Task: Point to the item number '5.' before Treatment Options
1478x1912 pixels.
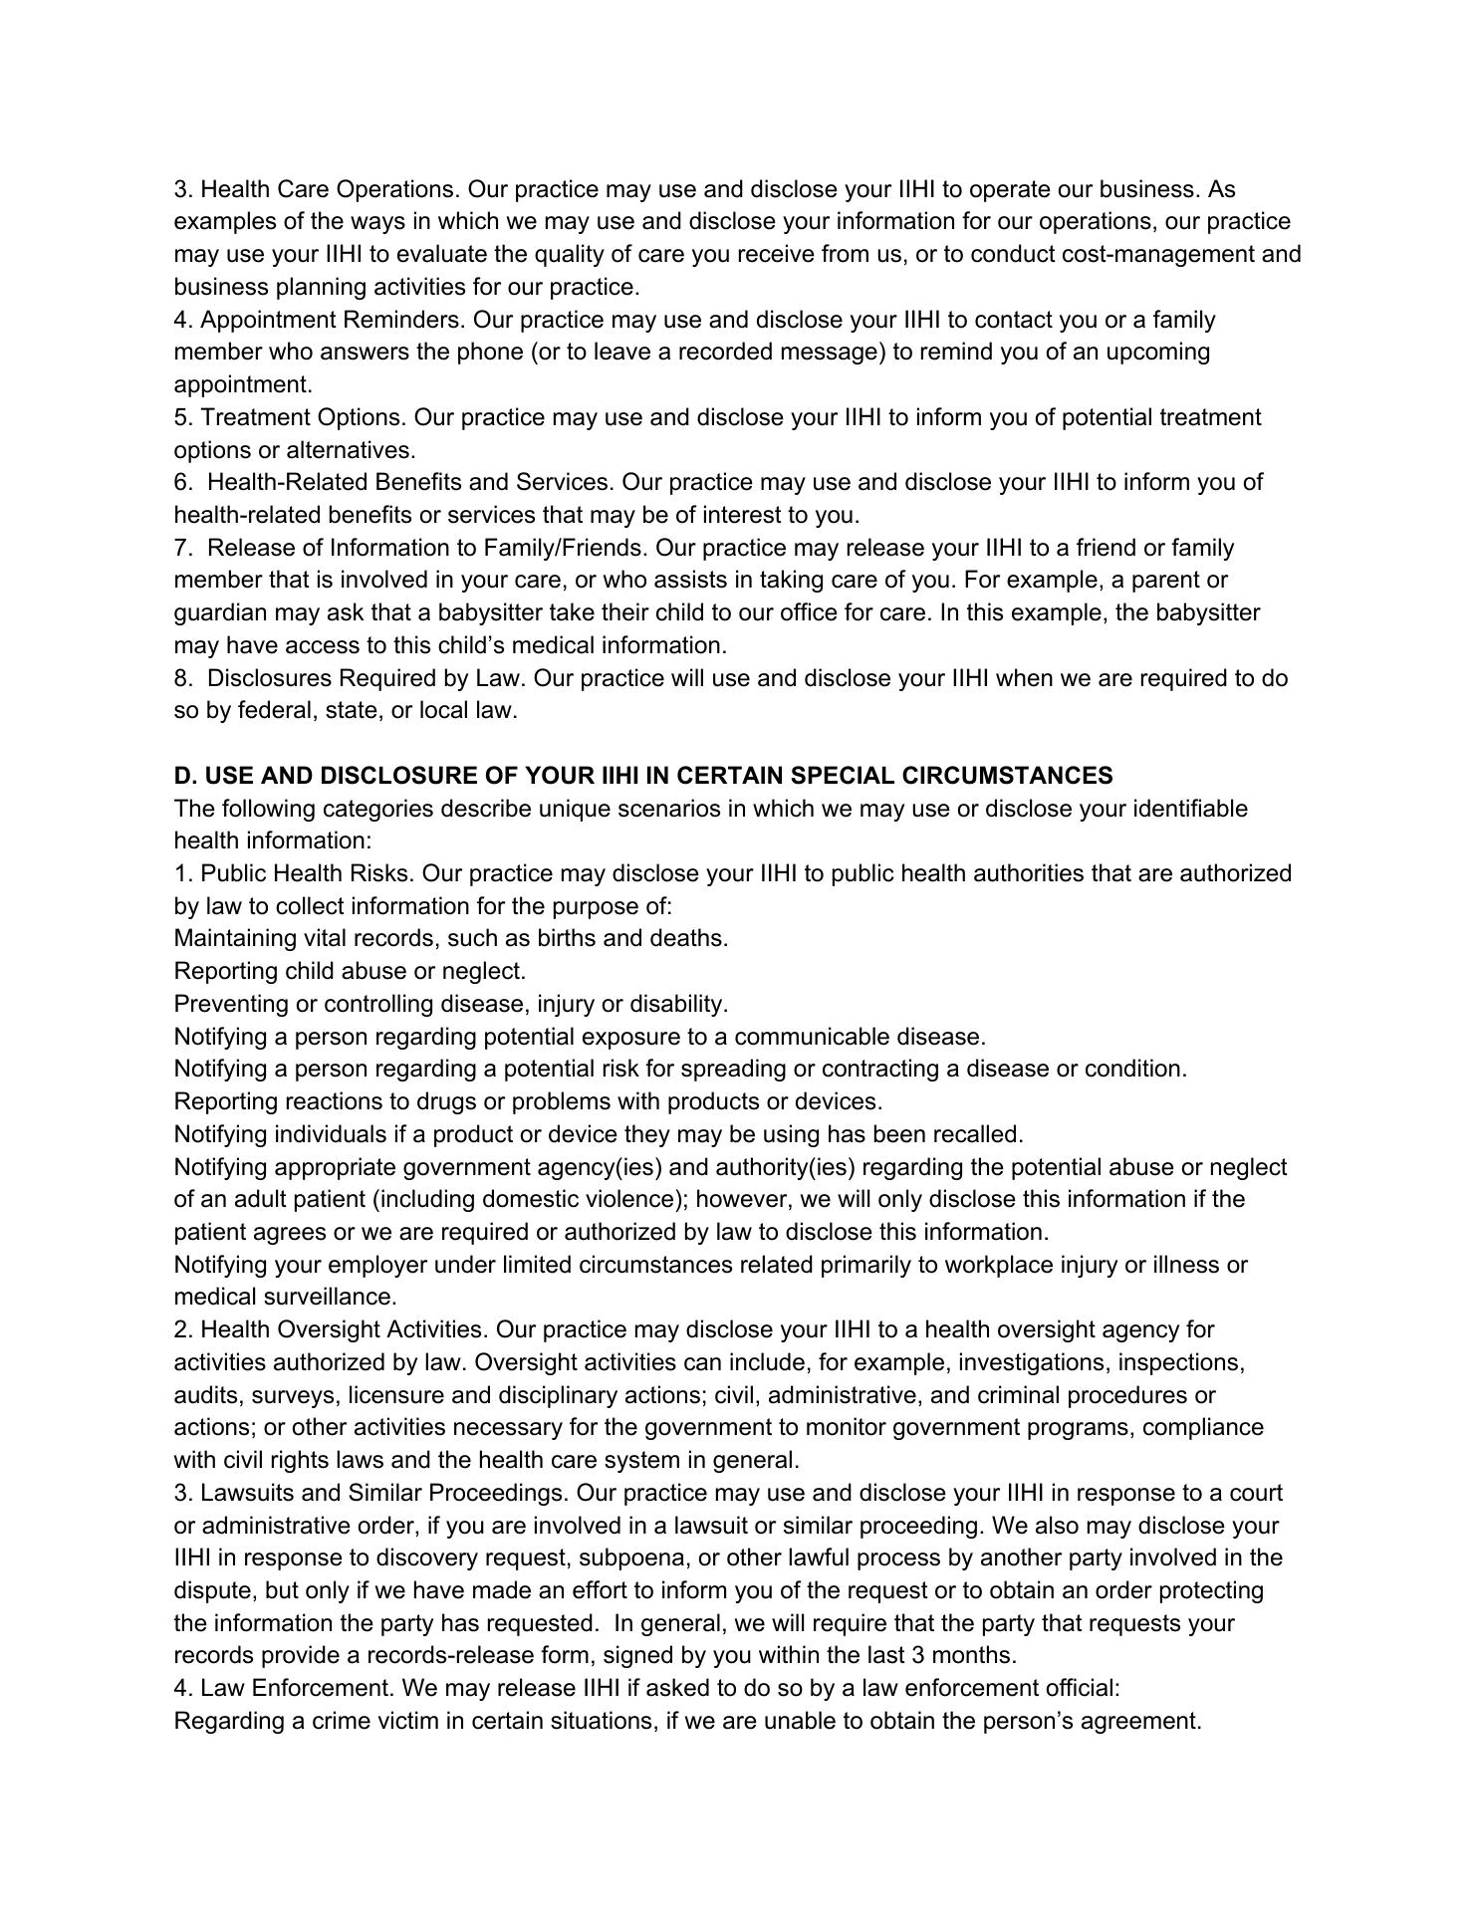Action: tap(183, 417)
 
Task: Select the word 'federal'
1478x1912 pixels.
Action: tap(275, 710)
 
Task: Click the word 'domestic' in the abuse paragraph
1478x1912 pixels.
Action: tap(552, 1199)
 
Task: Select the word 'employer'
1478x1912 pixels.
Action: tap(376, 1265)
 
